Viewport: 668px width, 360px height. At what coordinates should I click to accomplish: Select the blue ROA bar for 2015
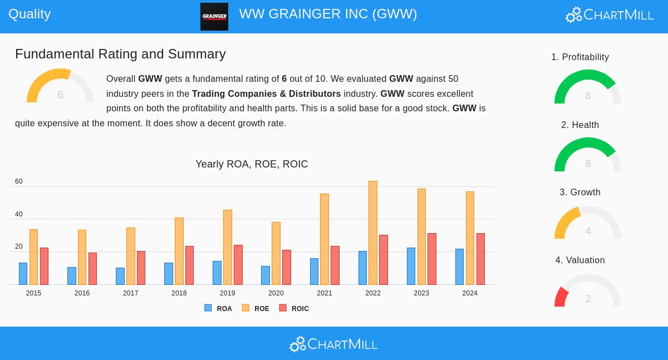pyautogui.click(x=23, y=274)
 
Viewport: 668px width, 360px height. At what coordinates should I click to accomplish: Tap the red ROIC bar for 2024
pyautogui.click(x=480, y=259)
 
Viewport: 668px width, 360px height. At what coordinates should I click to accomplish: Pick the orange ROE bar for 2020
pyautogui.click(x=276, y=253)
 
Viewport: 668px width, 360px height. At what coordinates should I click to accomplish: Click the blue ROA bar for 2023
pyautogui.click(x=411, y=266)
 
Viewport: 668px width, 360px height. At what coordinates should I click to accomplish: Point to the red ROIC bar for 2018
pyautogui.click(x=189, y=265)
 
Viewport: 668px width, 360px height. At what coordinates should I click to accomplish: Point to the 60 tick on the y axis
pyautogui.click(x=19, y=181)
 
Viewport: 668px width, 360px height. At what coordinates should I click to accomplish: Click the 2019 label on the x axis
pyautogui.click(x=227, y=293)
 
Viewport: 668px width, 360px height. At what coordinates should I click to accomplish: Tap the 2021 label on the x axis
pyautogui.click(x=324, y=293)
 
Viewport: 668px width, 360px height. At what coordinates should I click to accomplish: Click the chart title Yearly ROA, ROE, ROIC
pyautogui.click(x=252, y=164)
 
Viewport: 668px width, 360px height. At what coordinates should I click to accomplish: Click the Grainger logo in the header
pyautogui.click(x=214, y=17)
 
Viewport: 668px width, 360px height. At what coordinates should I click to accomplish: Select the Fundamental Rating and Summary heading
pyautogui.click(x=120, y=54)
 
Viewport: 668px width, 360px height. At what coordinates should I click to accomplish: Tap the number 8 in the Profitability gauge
pyautogui.click(x=588, y=96)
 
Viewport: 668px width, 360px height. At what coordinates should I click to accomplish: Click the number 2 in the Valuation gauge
pyautogui.click(x=588, y=299)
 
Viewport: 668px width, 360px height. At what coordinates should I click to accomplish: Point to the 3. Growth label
pyautogui.click(x=580, y=193)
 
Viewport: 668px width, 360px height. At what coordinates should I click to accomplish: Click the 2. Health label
pyautogui.click(x=580, y=125)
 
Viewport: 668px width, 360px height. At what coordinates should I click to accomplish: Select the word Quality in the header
pyautogui.click(x=30, y=14)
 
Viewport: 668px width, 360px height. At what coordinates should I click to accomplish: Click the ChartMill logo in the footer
pyautogui.click(x=333, y=344)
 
